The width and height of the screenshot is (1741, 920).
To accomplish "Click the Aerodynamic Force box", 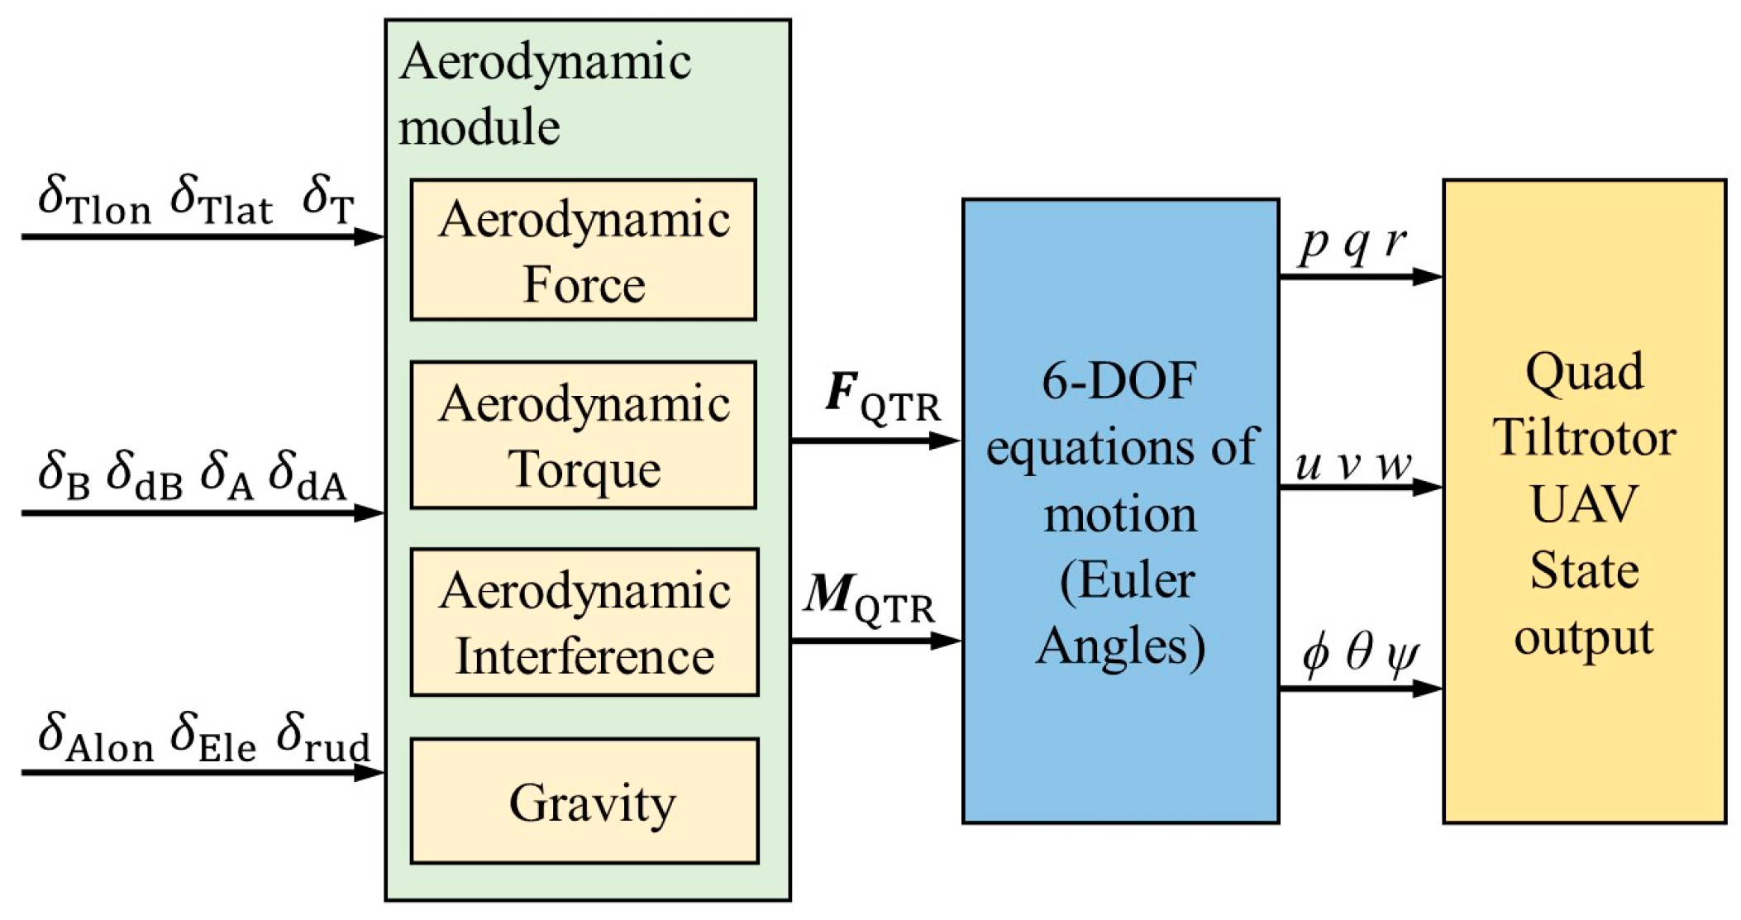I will click(x=583, y=250).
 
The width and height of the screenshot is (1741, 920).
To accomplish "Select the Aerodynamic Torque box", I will click(x=583, y=435).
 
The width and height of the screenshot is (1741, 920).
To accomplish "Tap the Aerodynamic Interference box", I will click(x=584, y=622).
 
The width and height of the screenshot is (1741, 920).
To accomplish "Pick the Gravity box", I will click(x=584, y=801).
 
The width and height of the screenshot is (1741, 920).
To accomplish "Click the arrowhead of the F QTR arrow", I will click(x=946, y=441).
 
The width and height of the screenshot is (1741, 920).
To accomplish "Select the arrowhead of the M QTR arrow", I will click(x=946, y=641).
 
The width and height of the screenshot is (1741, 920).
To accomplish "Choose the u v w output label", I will click(x=1352, y=465).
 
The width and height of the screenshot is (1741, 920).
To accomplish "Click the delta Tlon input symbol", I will click(x=94, y=200).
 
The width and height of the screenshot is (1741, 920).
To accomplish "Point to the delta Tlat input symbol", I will click(x=221, y=200).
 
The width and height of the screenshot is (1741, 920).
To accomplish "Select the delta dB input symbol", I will click(x=145, y=476).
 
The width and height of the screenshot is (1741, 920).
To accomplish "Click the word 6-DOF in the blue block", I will click(x=1119, y=382).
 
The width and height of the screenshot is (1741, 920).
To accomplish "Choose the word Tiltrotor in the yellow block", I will click(x=1584, y=437).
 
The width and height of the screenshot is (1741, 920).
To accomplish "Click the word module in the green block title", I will click(x=479, y=128).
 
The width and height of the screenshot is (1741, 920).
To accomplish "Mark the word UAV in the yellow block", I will click(x=1584, y=503).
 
